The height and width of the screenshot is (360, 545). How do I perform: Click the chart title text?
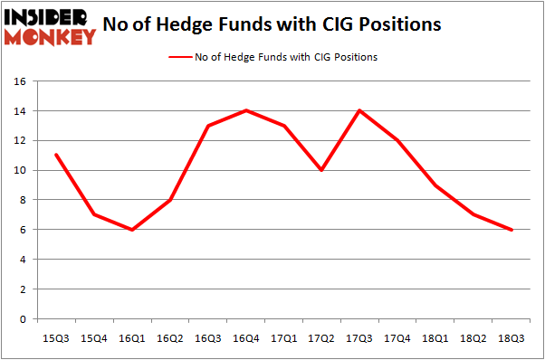click(x=272, y=24)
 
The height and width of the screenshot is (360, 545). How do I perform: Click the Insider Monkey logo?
click(x=51, y=25)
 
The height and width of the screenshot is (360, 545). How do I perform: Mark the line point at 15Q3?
click(x=56, y=155)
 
